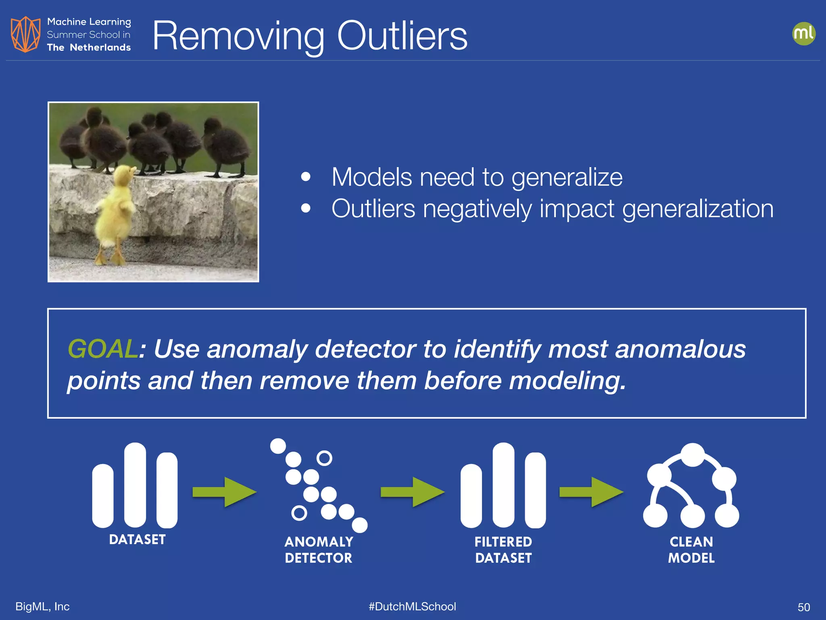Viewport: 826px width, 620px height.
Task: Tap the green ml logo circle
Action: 803,34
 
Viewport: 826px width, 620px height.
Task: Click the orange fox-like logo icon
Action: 25,34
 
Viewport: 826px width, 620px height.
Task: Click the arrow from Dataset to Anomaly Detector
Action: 224,492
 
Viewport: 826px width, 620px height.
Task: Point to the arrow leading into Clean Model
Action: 591,492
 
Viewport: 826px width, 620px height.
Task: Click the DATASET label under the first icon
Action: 137,540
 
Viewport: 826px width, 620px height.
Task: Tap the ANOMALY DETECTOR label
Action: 319,550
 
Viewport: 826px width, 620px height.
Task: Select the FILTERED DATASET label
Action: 503,550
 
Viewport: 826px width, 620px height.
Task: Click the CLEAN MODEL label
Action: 691,550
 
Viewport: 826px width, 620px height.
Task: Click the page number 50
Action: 803,607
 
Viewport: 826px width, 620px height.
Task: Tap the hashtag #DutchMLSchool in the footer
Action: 412,606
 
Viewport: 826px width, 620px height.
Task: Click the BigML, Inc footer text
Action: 42,606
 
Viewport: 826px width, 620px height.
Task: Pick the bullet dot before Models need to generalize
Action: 306,177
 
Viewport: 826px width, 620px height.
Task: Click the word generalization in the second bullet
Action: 698,209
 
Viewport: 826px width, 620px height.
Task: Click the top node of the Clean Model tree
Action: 692,455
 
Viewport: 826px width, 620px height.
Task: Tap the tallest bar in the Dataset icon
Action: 135,484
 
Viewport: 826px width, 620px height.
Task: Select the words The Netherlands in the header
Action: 89,48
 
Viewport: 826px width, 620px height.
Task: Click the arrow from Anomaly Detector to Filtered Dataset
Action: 412,492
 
